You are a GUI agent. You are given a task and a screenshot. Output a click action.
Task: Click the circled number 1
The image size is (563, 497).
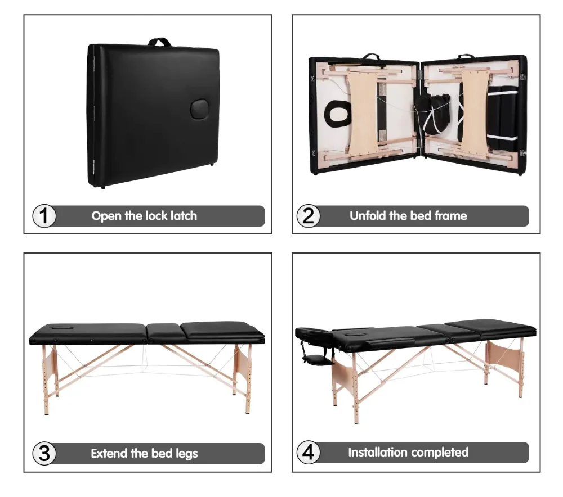44,216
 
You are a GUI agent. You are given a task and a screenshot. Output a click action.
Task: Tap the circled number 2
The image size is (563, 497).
308,216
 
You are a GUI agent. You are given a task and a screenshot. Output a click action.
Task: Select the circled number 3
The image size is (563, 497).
44,453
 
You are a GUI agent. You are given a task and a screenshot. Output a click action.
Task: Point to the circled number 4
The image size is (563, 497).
308,452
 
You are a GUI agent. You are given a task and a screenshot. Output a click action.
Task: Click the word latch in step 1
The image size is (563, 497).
184,216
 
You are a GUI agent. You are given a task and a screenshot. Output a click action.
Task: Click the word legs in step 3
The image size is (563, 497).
186,454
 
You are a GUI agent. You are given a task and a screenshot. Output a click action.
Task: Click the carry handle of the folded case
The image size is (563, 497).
160,42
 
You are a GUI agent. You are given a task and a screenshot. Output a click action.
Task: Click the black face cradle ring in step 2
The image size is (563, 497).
337,114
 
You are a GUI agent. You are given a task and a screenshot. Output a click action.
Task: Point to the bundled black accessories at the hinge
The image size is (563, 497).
432,114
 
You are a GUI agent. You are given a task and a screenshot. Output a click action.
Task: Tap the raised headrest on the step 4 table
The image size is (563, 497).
314,336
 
